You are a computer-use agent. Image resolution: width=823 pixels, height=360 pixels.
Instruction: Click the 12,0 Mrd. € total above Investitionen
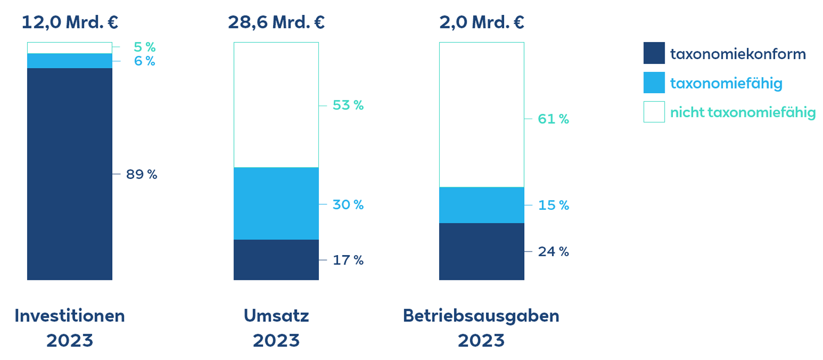70,23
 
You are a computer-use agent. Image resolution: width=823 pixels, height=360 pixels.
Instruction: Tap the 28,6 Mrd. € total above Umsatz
276,23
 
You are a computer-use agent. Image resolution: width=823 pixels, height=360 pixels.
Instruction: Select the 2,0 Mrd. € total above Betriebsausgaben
481,23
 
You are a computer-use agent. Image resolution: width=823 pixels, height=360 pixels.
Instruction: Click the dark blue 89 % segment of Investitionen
69,174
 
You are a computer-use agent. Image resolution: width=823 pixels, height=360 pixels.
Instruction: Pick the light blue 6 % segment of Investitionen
69,61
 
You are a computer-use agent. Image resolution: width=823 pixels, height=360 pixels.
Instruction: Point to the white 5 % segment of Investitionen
69,48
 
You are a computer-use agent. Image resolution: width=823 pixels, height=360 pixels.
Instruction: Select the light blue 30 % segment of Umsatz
276,204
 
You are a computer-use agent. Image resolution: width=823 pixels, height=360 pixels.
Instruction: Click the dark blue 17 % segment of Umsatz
276,260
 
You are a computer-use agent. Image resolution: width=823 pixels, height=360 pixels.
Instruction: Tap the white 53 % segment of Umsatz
276,105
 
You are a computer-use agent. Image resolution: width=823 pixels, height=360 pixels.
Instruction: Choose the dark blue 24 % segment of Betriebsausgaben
481,251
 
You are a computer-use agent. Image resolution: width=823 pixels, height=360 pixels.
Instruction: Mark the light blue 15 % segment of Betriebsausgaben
481,205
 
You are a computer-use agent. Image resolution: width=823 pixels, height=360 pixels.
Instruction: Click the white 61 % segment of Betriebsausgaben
481,115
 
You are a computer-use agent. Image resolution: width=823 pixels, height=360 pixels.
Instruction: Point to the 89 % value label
141,174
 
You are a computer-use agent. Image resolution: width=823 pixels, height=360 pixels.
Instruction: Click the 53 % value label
348,105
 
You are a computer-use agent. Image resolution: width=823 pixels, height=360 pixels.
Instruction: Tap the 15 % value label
553,205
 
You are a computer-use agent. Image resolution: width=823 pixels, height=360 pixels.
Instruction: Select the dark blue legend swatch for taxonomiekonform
654,53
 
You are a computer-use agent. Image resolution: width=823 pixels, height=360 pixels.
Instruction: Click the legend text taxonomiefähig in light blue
726,83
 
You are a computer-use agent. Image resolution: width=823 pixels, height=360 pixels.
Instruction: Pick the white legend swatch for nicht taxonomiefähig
654,112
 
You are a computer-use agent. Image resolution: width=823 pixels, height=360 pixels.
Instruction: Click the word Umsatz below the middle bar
276,315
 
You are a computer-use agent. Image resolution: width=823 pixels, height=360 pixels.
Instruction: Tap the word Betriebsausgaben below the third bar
481,315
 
